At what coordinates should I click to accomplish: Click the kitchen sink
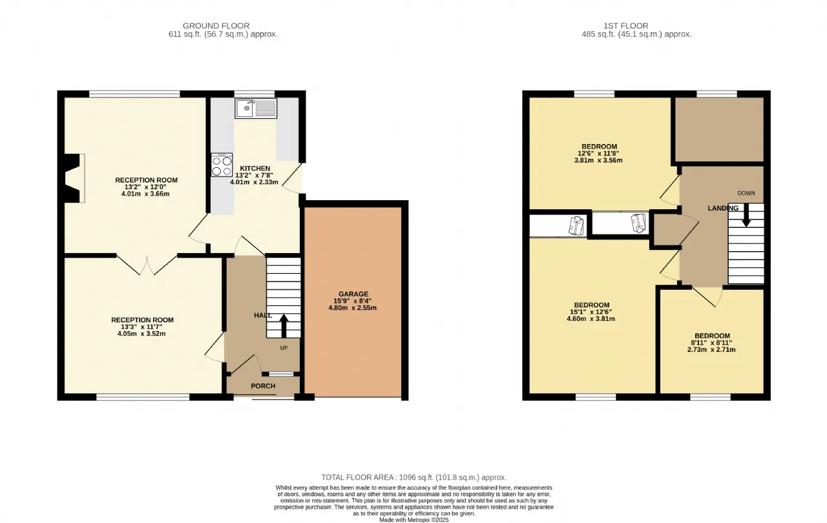pyautogui.click(x=256, y=108)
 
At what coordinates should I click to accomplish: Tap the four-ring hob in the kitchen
pyautogui.click(x=222, y=165)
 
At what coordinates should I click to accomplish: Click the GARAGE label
pyautogui.click(x=353, y=294)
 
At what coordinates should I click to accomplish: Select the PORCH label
pyautogui.click(x=263, y=386)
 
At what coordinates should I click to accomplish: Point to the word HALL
pyautogui.click(x=263, y=315)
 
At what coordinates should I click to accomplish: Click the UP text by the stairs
pyautogui.click(x=284, y=348)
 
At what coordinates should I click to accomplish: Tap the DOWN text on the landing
pyautogui.click(x=746, y=193)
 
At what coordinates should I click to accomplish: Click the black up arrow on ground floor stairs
pyautogui.click(x=284, y=326)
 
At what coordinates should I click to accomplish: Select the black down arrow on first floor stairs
pyautogui.click(x=746, y=215)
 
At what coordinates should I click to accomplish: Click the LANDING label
pyautogui.click(x=723, y=208)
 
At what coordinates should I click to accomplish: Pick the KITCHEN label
pyautogui.click(x=255, y=168)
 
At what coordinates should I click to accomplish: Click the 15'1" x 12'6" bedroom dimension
pyautogui.click(x=591, y=312)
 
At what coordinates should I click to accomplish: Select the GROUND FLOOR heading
pyautogui.click(x=216, y=26)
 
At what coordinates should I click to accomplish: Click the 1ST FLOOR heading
pyautogui.click(x=626, y=26)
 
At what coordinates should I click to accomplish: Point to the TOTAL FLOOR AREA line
pyautogui.click(x=414, y=477)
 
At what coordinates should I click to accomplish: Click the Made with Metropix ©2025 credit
pyautogui.click(x=414, y=520)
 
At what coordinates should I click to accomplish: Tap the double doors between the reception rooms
pyautogui.click(x=147, y=265)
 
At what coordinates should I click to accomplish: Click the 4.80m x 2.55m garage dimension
pyautogui.click(x=353, y=307)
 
